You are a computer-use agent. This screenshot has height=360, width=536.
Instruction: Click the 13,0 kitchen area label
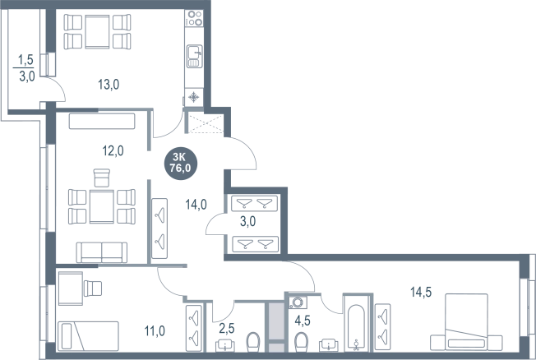[x=109, y=84]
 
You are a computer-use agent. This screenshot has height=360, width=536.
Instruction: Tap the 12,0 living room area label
[x=113, y=150]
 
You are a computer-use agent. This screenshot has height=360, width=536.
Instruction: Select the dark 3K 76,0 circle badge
[x=181, y=163]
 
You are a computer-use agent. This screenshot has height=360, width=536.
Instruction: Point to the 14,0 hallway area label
[x=196, y=205]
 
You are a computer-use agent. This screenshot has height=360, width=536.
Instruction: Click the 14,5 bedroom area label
[x=421, y=292]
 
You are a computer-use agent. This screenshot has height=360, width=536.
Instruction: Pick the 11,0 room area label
[x=155, y=331]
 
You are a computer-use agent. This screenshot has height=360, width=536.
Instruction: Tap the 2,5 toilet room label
[x=227, y=329]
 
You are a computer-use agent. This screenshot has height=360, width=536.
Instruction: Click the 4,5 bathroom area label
[x=303, y=321]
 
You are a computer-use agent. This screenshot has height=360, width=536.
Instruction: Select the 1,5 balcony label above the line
[x=25, y=60]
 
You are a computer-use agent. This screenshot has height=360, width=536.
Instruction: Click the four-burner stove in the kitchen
[x=194, y=18]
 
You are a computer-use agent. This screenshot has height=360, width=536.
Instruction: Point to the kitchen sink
[x=194, y=56]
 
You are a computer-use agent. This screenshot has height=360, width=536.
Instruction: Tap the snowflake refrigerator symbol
[x=194, y=98]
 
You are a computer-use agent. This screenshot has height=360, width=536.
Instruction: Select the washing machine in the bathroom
[x=298, y=302]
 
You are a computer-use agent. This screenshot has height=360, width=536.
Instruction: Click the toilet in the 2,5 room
[x=253, y=341]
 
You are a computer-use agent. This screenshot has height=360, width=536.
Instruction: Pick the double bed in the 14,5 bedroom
[x=466, y=322]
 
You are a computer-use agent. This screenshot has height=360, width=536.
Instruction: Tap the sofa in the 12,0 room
[x=102, y=252]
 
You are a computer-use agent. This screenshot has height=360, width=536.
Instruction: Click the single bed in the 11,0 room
[x=88, y=335]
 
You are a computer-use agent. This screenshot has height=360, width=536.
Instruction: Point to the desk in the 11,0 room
[x=71, y=288]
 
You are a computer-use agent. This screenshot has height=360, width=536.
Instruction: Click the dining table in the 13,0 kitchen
[x=98, y=32]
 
